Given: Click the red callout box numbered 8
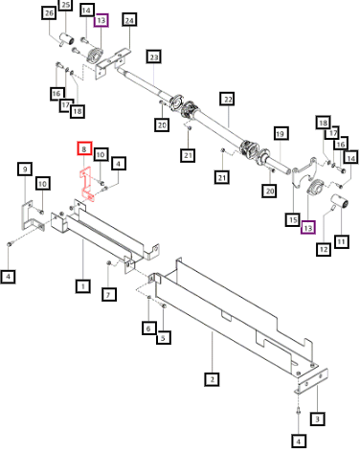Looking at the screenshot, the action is pos(84,148).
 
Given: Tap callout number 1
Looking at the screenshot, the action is pos(83,286).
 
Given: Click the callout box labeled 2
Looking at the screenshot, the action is pos(212,379).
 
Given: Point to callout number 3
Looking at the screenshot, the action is pos(317,419).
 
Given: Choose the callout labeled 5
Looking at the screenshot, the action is pos(164,338).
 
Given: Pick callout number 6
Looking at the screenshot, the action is pos(148,328).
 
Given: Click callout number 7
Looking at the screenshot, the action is pos(108,294).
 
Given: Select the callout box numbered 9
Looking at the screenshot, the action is pos(25,169).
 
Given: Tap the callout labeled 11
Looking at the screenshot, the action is pos(341,241).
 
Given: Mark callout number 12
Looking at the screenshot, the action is pos(324,249).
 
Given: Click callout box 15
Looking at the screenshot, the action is pos(293,220).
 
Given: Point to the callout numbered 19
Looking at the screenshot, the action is pos(280,133).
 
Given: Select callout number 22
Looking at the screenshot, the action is pos(228,99).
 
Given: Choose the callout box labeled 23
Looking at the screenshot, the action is pos(154,57).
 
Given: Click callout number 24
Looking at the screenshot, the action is pos(129,20).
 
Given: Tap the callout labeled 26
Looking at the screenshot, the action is pos(49,13).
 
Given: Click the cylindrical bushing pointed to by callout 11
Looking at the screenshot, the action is pos(339,202).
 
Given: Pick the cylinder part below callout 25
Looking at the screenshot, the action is pos(66,40).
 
